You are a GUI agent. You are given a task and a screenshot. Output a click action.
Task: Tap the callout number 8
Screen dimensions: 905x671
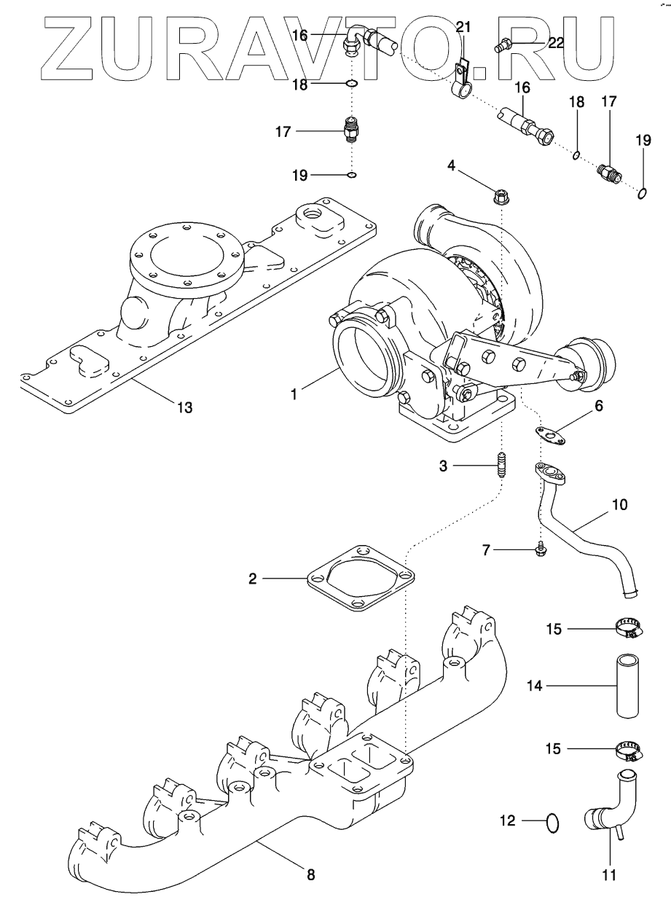(311, 875)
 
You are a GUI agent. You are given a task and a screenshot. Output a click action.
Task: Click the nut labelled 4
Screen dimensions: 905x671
(501, 195)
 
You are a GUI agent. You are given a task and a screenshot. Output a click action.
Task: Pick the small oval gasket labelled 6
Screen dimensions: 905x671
(552, 436)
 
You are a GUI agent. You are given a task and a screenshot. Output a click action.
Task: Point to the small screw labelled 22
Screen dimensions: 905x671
(502, 47)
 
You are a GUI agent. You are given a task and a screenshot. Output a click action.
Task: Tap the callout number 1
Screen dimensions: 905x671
(294, 393)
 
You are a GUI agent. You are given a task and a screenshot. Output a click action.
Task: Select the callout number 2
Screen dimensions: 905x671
(252, 579)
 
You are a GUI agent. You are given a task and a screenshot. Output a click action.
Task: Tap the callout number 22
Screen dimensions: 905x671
(556, 44)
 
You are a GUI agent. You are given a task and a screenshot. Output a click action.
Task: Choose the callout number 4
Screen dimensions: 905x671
(452, 165)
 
